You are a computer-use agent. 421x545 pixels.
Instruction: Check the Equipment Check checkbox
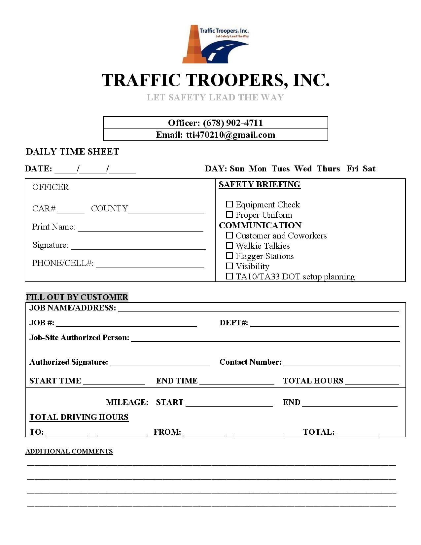click(x=229, y=204)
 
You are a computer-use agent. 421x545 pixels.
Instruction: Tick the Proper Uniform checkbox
click(x=229, y=215)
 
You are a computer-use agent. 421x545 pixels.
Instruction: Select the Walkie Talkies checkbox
click(x=229, y=246)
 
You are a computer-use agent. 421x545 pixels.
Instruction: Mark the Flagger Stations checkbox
click(x=229, y=256)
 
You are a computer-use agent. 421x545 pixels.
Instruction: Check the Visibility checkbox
click(x=229, y=266)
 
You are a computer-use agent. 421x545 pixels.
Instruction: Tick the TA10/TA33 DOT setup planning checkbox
click(x=229, y=276)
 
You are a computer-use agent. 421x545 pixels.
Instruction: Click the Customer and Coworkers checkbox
click(x=229, y=236)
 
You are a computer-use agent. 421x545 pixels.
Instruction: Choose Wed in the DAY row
click(x=303, y=169)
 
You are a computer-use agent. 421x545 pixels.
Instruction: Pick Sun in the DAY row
click(x=237, y=169)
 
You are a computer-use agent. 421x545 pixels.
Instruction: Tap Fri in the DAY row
click(x=352, y=169)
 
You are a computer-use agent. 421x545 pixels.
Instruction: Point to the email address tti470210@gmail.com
click(x=230, y=135)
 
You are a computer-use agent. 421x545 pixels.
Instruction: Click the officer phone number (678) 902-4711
click(x=233, y=123)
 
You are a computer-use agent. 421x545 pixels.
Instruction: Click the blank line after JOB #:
click(x=126, y=324)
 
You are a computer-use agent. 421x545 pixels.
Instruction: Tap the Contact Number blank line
click(x=341, y=363)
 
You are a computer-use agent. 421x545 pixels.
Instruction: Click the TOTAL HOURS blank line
click(x=372, y=382)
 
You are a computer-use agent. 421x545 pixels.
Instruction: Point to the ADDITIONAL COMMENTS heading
click(x=69, y=451)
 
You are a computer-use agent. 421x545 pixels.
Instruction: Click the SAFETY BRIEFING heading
click(x=260, y=184)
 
